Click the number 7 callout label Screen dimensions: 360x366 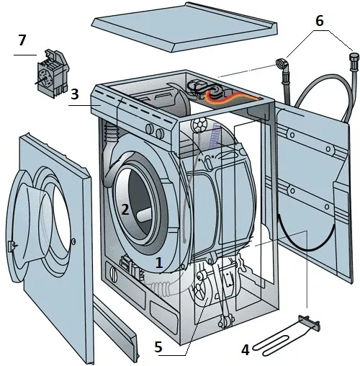(22, 40)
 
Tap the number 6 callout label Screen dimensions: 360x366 (320, 21)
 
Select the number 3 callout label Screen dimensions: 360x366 (75, 94)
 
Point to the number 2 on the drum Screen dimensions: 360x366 (125, 210)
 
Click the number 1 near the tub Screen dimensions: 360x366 (159, 262)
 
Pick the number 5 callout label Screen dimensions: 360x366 (158, 347)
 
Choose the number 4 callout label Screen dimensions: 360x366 (245, 350)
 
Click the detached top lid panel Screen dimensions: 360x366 (184, 27)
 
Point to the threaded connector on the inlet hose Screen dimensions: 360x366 (354, 61)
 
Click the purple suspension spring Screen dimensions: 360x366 (215, 135)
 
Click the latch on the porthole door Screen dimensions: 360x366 (12, 246)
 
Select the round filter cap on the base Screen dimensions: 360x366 (114, 274)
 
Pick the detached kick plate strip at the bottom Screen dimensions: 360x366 (116, 327)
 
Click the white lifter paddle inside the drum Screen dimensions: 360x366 (143, 215)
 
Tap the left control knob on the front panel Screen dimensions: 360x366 (150, 129)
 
